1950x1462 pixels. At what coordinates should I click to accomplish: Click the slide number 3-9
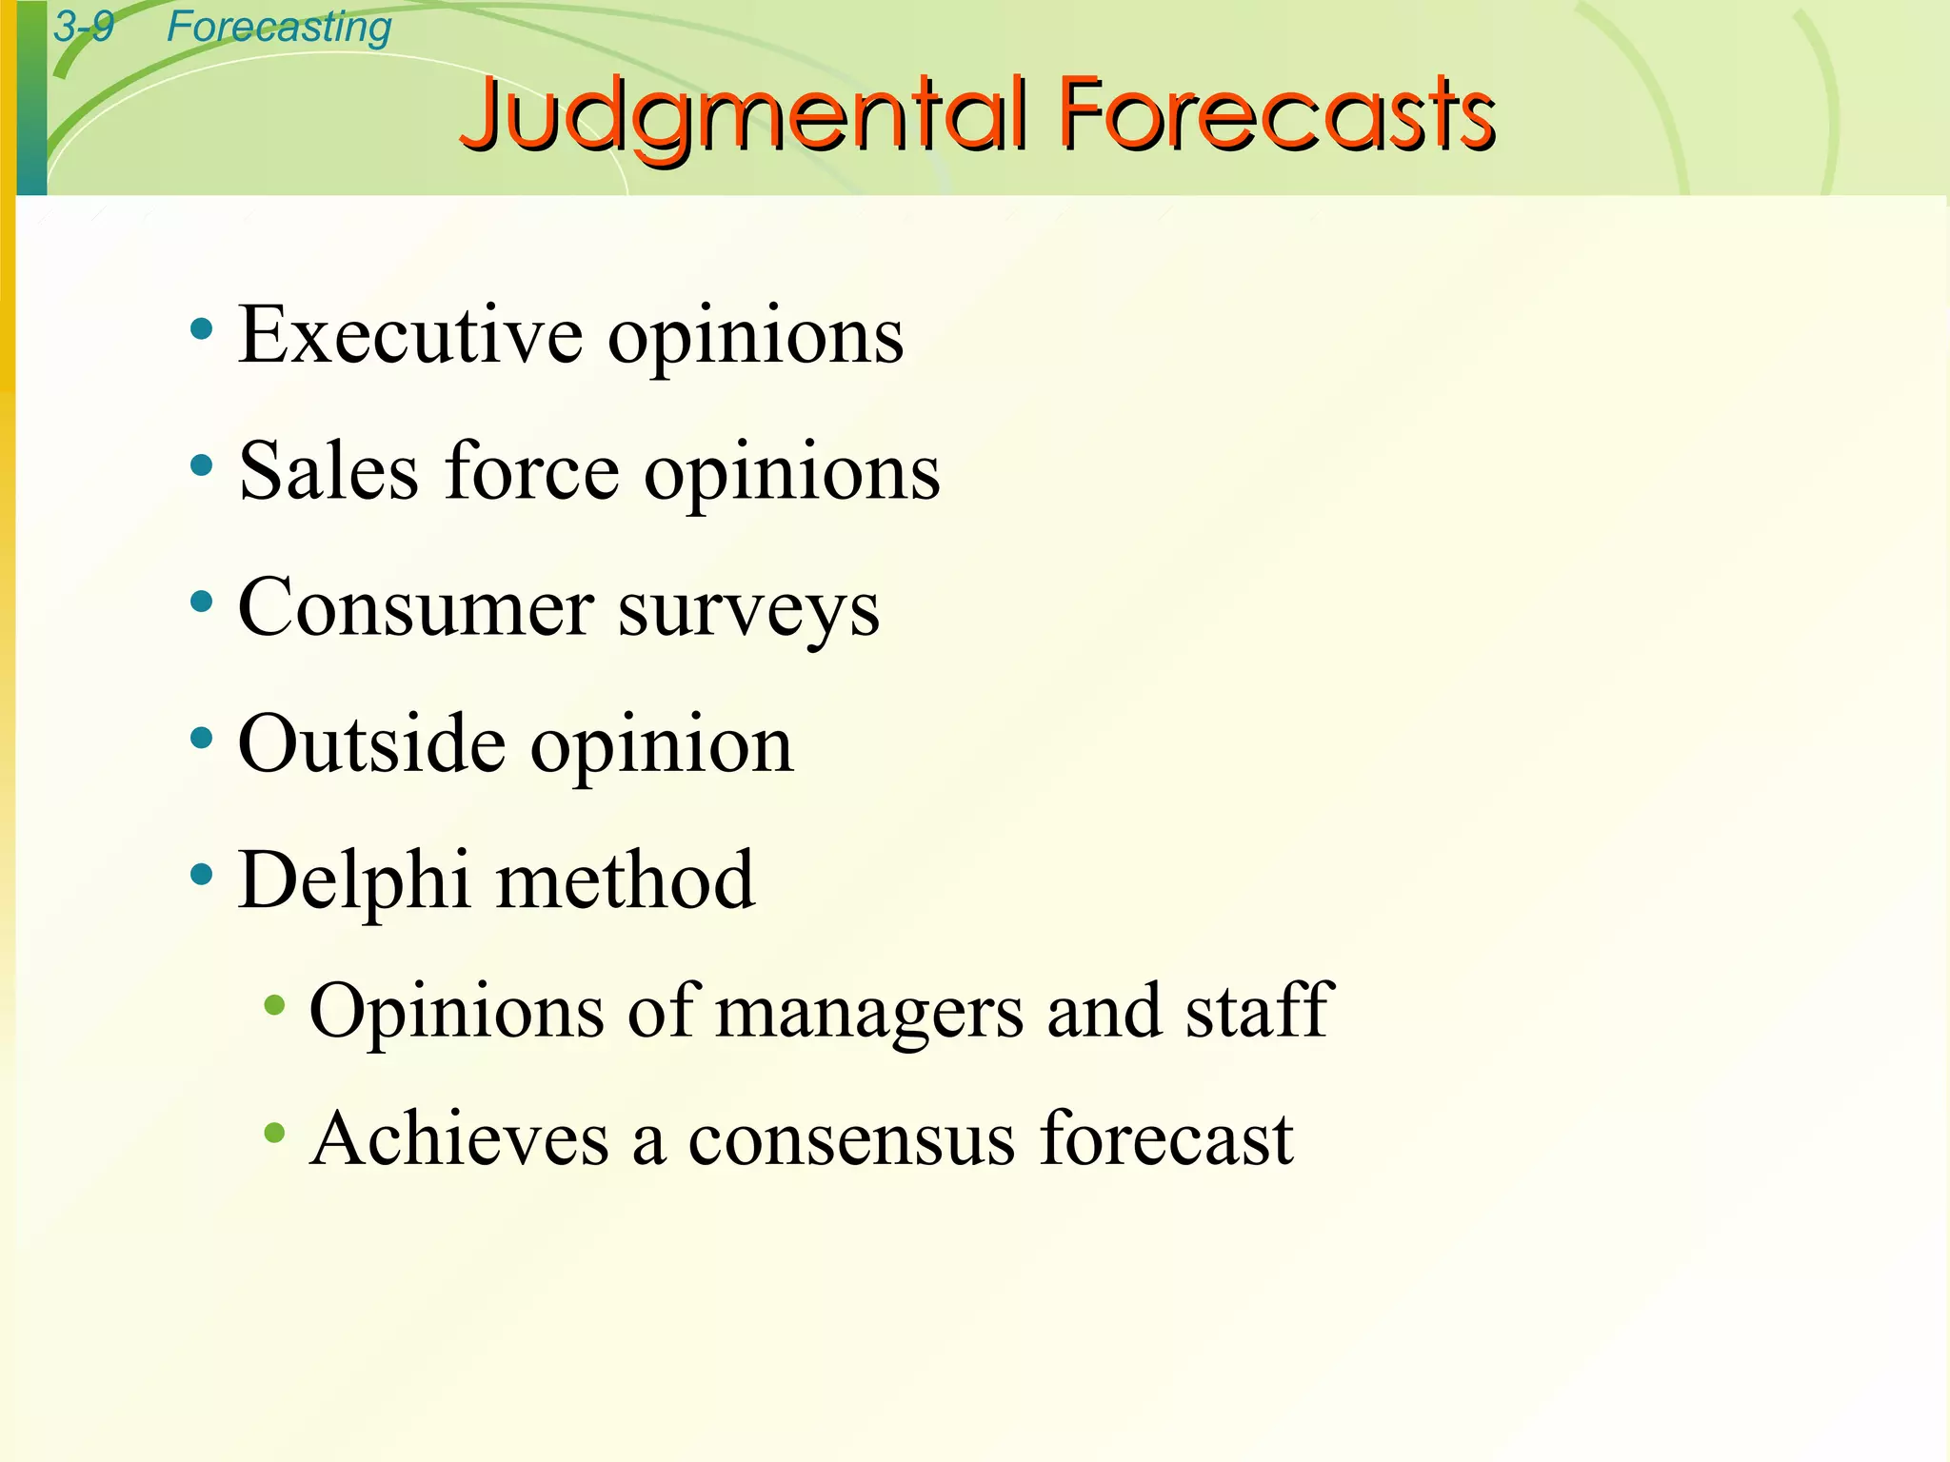tap(84, 27)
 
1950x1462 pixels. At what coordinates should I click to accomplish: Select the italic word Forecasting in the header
tap(279, 27)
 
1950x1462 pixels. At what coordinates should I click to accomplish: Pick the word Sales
tap(328, 472)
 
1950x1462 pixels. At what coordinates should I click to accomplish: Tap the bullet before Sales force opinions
tap(201, 466)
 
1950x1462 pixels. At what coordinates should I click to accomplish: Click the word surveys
tap(749, 611)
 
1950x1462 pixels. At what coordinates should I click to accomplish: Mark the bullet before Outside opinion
tap(201, 738)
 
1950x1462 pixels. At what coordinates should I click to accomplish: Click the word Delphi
tap(353, 880)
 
